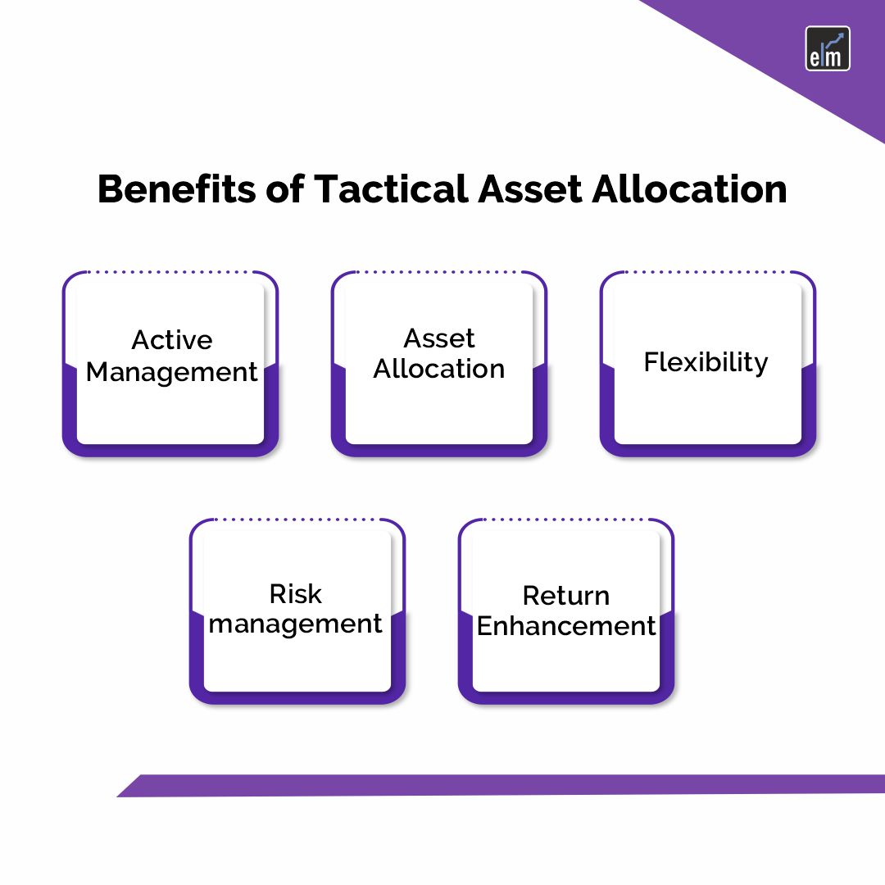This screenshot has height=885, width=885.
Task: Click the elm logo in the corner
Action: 828,48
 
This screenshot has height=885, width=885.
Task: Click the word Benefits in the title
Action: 174,189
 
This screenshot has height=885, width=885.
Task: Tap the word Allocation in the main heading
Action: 688,189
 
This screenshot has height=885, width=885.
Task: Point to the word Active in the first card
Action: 172,339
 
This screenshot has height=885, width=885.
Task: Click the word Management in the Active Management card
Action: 172,372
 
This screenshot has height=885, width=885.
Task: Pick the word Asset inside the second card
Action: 439,338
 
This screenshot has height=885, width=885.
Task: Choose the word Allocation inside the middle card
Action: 439,369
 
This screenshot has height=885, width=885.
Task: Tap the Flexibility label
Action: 706,361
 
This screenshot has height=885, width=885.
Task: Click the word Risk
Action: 296,593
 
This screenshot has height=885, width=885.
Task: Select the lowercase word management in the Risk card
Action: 296,624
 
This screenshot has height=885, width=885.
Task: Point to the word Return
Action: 566,595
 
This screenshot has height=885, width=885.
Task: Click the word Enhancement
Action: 566,626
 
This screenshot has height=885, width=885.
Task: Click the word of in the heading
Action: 285,189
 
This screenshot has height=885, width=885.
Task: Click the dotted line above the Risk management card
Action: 297,520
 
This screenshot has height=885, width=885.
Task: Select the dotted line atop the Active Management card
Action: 170,272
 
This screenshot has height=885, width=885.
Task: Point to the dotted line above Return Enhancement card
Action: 566,520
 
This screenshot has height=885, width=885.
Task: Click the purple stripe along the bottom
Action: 500,785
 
